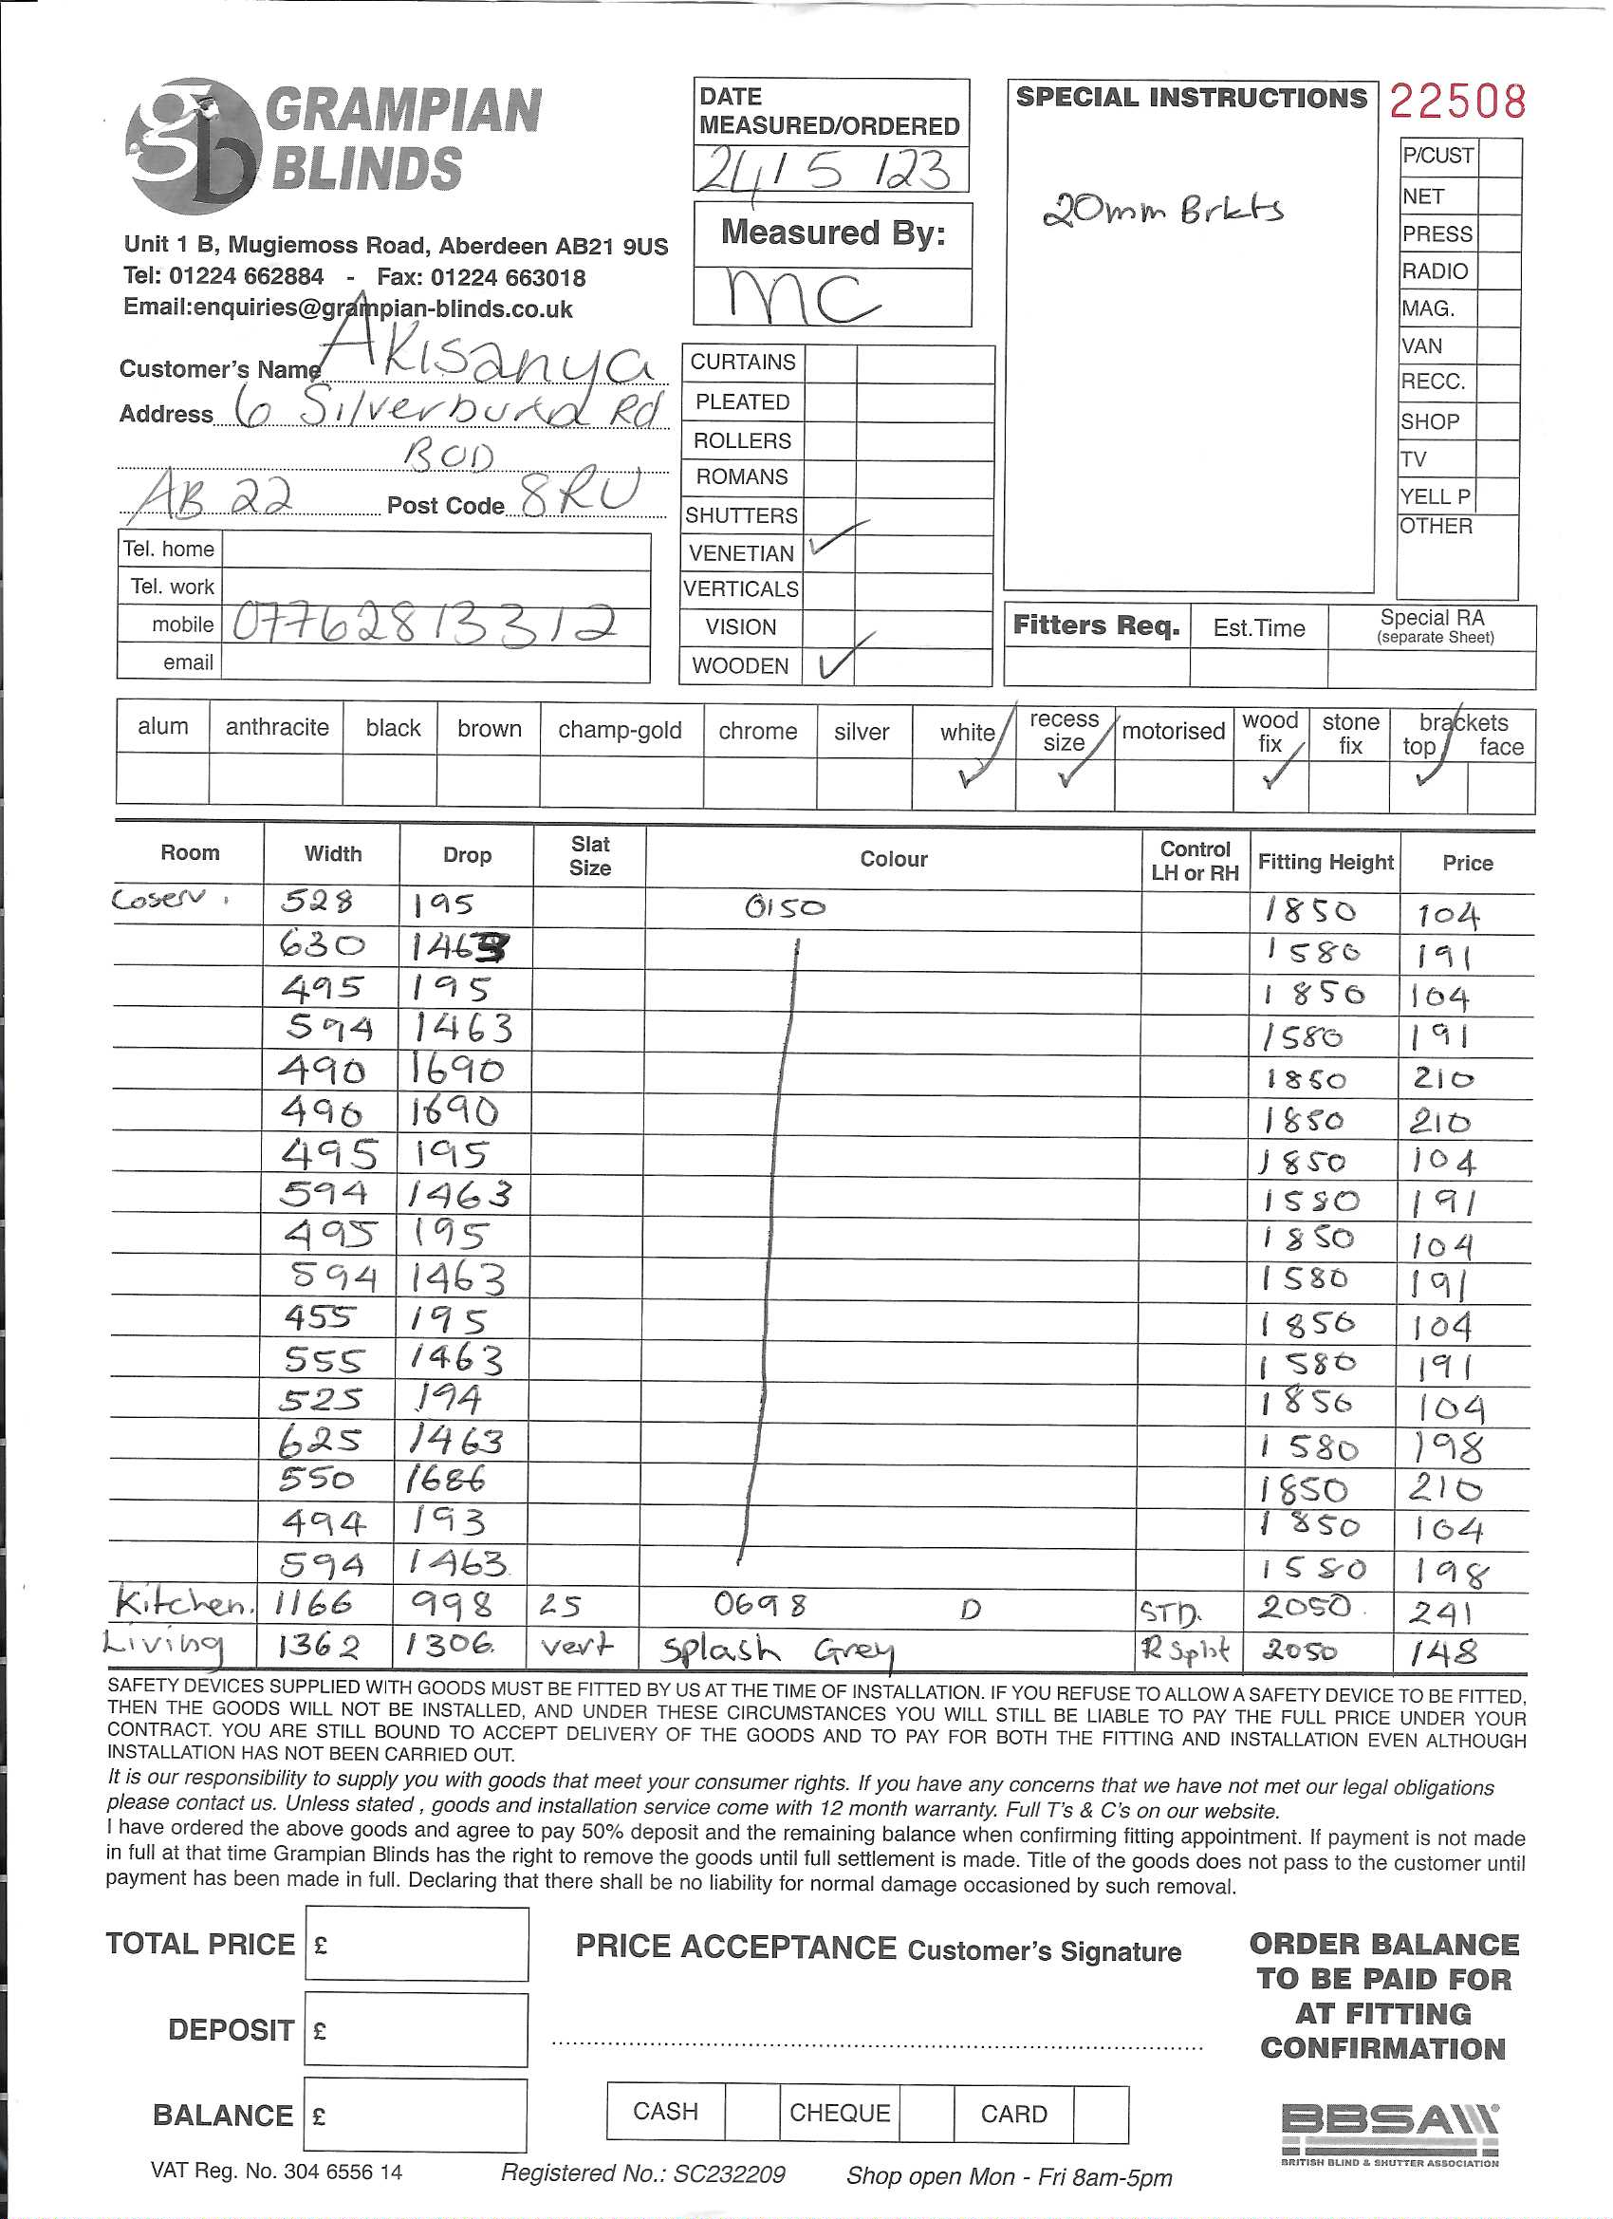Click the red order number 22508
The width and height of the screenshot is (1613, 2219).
1456,102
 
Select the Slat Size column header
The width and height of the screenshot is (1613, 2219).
590,856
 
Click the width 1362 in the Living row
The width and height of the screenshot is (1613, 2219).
318,1648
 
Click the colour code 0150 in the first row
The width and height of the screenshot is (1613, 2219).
786,907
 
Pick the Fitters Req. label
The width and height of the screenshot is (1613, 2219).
1096,625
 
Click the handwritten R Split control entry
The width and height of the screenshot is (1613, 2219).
1185,1650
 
